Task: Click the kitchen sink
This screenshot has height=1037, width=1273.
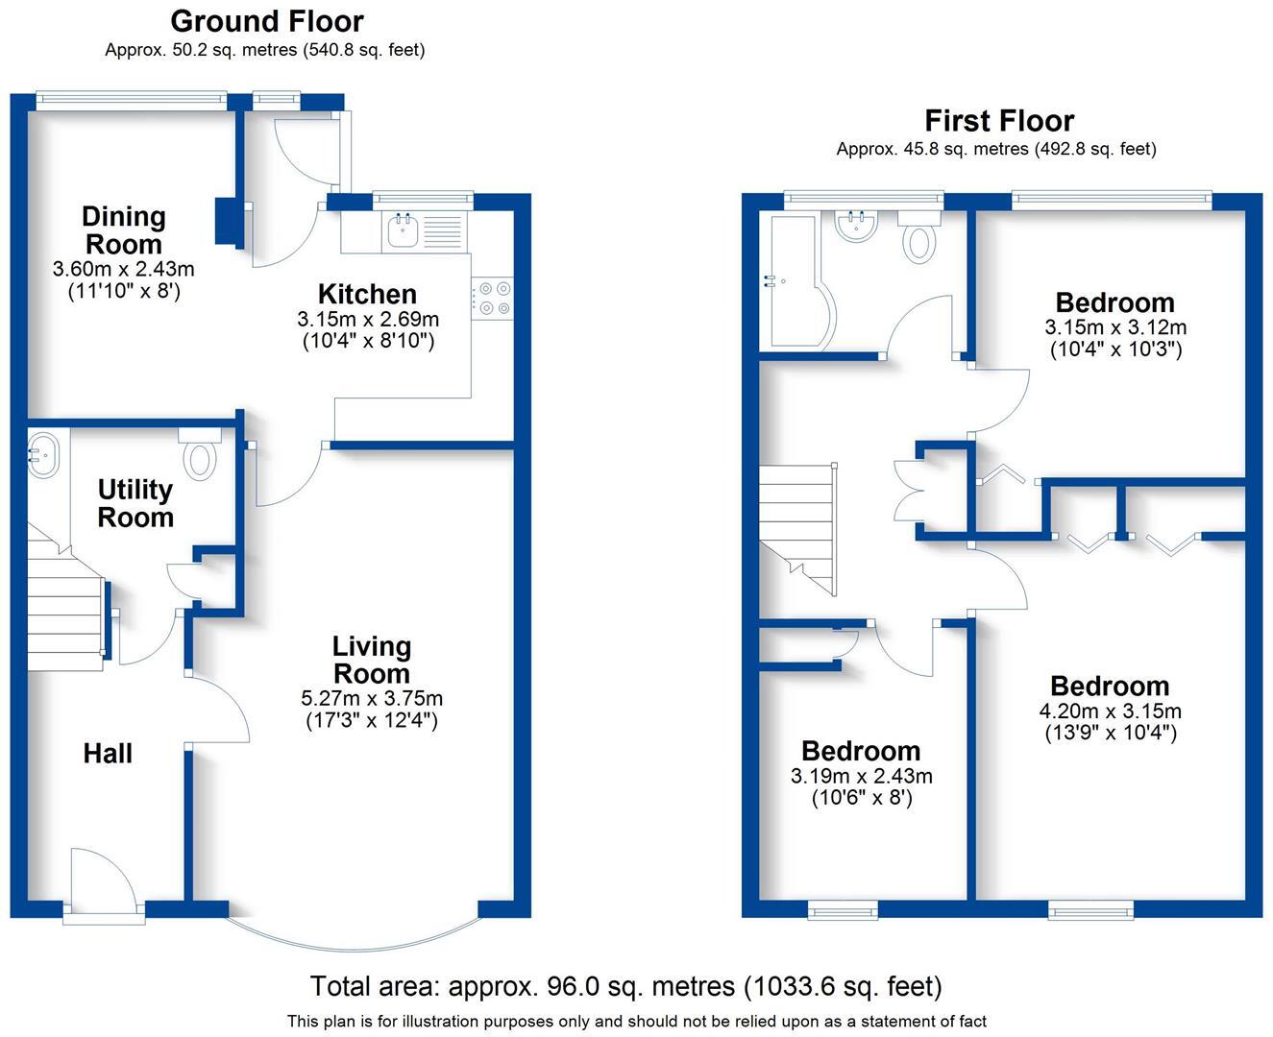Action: tap(402, 230)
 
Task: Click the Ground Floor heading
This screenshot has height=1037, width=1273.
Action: tap(266, 21)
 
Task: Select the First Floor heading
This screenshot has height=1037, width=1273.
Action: tap(998, 121)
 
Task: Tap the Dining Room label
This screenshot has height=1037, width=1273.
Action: tap(123, 230)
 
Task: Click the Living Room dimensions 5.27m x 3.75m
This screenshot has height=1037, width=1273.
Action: tap(371, 698)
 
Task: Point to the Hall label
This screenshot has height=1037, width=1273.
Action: tap(108, 754)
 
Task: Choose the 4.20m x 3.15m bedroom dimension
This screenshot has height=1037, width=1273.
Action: tap(1110, 711)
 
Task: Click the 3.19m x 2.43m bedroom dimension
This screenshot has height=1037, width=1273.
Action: tap(861, 776)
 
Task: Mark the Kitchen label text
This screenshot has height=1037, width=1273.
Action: tap(367, 294)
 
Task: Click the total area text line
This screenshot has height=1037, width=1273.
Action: tap(625, 986)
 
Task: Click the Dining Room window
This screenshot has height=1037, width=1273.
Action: tap(131, 97)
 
